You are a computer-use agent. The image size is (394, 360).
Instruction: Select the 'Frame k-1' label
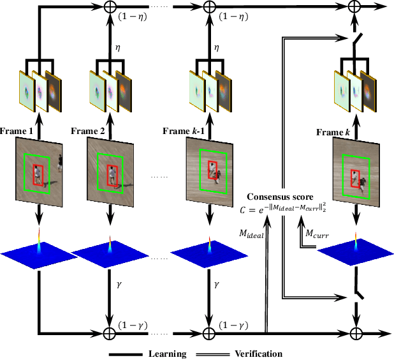[x=186, y=131]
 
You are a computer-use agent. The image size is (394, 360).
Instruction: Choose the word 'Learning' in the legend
[x=167, y=354]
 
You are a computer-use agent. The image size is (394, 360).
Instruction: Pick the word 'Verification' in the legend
[x=258, y=354]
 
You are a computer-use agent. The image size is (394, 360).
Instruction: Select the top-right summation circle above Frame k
[x=355, y=8]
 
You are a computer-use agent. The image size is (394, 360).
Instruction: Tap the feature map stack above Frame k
[x=354, y=86]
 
